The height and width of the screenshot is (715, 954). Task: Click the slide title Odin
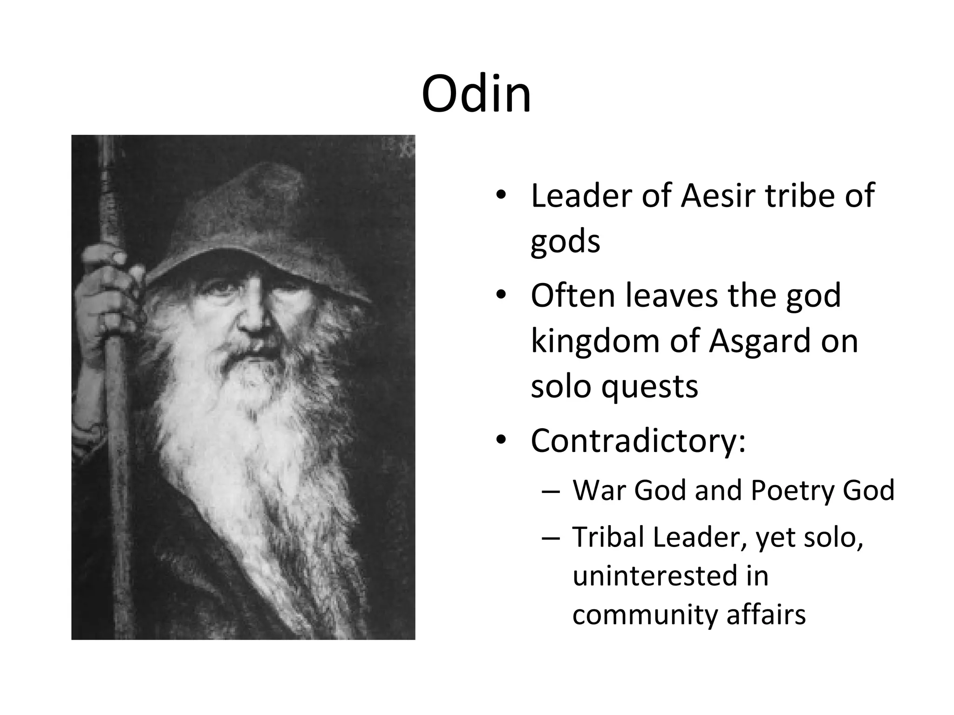click(x=476, y=94)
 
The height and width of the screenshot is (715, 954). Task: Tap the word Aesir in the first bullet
click(x=717, y=196)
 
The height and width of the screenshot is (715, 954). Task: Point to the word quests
click(x=649, y=387)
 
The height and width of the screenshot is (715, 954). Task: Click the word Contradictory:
click(x=638, y=441)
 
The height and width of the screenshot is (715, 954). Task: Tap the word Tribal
click(x=607, y=537)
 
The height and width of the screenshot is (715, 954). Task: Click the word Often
click(x=573, y=296)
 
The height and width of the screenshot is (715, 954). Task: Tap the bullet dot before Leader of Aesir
click(x=501, y=196)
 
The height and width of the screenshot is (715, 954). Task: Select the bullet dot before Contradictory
click(x=501, y=440)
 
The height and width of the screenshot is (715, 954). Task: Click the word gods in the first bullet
click(x=565, y=242)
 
